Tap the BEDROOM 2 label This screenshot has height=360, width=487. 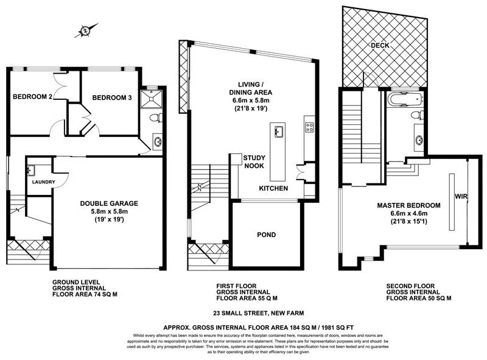click(x=32, y=96)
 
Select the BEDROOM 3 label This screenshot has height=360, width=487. click(x=111, y=97)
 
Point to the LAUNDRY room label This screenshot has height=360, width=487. click(x=43, y=182)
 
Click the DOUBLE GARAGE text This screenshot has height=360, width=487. click(x=111, y=204)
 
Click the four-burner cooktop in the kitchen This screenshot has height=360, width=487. click(x=309, y=128)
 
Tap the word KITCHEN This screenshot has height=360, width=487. click(x=273, y=189)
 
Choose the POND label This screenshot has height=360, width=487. click(x=266, y=235)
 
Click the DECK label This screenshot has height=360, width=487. click(x=380, y=46)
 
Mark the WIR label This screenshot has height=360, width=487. click(x=460, y=197)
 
